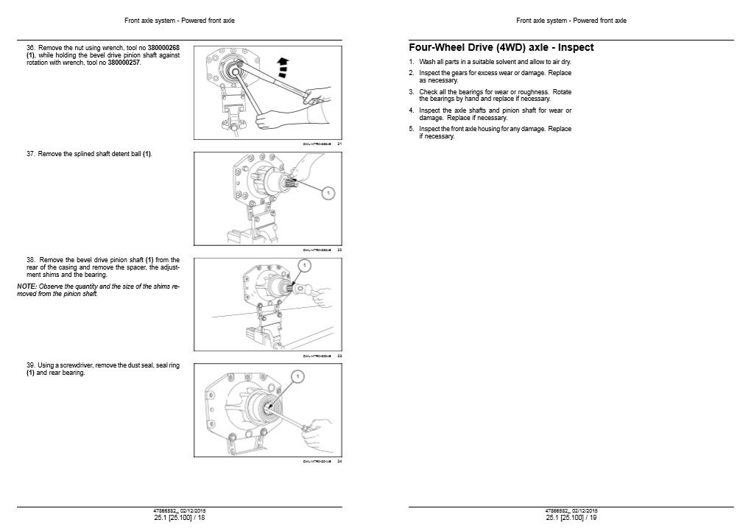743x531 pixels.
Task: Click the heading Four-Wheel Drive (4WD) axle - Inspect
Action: coord(501,48)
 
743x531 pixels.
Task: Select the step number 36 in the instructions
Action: coord(30,48)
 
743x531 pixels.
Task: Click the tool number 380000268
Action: coord(164,48)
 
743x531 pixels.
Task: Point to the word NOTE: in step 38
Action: coord(25,288)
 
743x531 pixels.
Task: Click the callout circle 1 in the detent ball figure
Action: coord(328,192)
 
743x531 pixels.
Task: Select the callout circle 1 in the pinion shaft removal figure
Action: coord(303,265)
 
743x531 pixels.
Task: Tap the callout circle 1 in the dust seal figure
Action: coord(297,376)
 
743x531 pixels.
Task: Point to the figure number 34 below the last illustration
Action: coord(339,462)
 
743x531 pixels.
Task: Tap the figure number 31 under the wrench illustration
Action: coord(339,144)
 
